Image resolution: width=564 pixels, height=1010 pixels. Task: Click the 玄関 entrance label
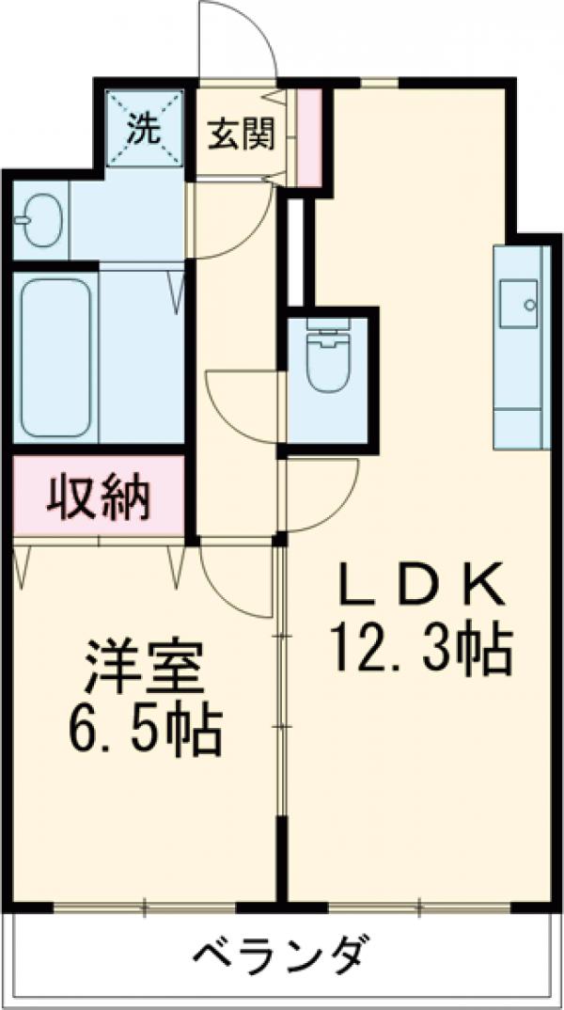[x=241, y=134]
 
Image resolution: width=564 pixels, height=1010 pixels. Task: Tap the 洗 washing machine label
[x=144, y=129]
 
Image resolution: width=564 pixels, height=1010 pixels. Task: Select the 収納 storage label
[x=99, y=497]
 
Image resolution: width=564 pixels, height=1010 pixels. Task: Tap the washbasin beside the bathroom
[x=39, y=219]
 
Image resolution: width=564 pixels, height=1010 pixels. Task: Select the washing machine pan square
[x=144, y=128]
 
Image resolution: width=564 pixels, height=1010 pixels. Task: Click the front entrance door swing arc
[x=241, y=38]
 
